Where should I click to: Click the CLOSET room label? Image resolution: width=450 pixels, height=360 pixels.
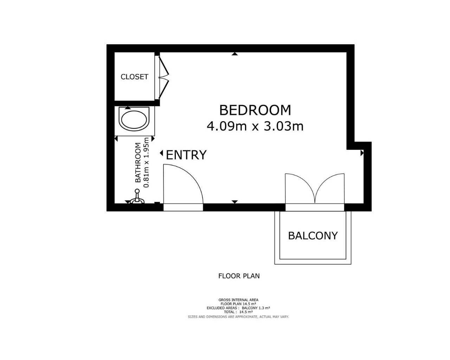coord(134,77)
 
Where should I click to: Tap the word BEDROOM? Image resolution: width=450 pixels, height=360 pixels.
coord(255,110)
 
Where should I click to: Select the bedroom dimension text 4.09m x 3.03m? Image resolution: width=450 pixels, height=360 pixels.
coord(255,126)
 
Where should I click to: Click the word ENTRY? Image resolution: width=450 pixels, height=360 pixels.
coord(186,155)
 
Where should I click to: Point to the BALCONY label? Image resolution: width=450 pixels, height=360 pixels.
coord(313,236)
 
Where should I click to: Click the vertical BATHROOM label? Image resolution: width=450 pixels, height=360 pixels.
coord(138,162)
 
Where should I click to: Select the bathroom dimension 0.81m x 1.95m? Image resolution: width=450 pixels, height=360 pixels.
coord(147,162)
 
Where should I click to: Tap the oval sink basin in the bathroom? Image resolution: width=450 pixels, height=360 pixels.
coord(134,120)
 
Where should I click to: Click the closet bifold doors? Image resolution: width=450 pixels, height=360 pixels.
coord(164,77)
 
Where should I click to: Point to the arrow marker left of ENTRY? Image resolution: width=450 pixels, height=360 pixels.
coord(161,153)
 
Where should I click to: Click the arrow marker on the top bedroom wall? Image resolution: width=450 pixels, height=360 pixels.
coord(235,54)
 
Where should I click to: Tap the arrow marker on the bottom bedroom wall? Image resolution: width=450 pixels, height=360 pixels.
coord(235,202)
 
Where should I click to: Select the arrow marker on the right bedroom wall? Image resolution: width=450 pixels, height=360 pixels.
coord(362,153)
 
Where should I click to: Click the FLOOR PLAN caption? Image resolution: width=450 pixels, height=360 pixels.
coord(239,276)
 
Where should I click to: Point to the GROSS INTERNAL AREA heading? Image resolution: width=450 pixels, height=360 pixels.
coord(238,300)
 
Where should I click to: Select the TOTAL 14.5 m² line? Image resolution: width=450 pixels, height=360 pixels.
coord(238,312)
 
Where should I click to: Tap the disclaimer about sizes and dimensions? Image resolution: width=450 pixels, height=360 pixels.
coord(238,317)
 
